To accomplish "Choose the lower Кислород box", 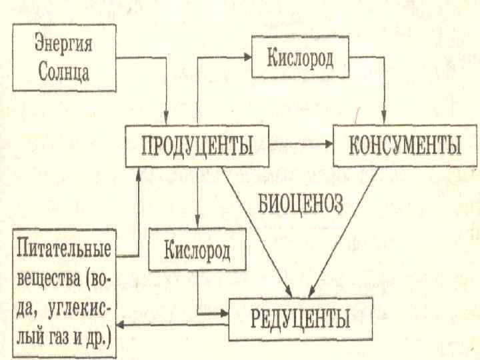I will (x=197, y=251).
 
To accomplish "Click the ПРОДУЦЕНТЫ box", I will (x=197, y=147).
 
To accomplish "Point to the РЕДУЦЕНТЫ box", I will (x=300, y=317).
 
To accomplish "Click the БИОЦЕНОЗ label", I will (x=300, y=201).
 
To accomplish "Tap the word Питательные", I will (x=64, y=254).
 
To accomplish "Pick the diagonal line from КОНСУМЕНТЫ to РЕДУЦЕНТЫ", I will (x=347, y=230).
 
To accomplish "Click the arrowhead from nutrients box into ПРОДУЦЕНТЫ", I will (x=138, y=171).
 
